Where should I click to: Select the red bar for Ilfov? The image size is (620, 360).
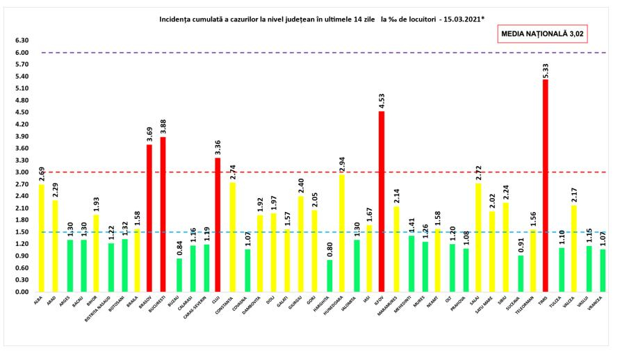382,202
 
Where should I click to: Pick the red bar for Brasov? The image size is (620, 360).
149,218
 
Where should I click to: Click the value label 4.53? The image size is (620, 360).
382,101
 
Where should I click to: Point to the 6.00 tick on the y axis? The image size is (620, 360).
22,53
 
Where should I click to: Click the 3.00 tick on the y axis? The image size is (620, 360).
22,172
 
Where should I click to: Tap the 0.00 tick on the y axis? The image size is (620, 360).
22,292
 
